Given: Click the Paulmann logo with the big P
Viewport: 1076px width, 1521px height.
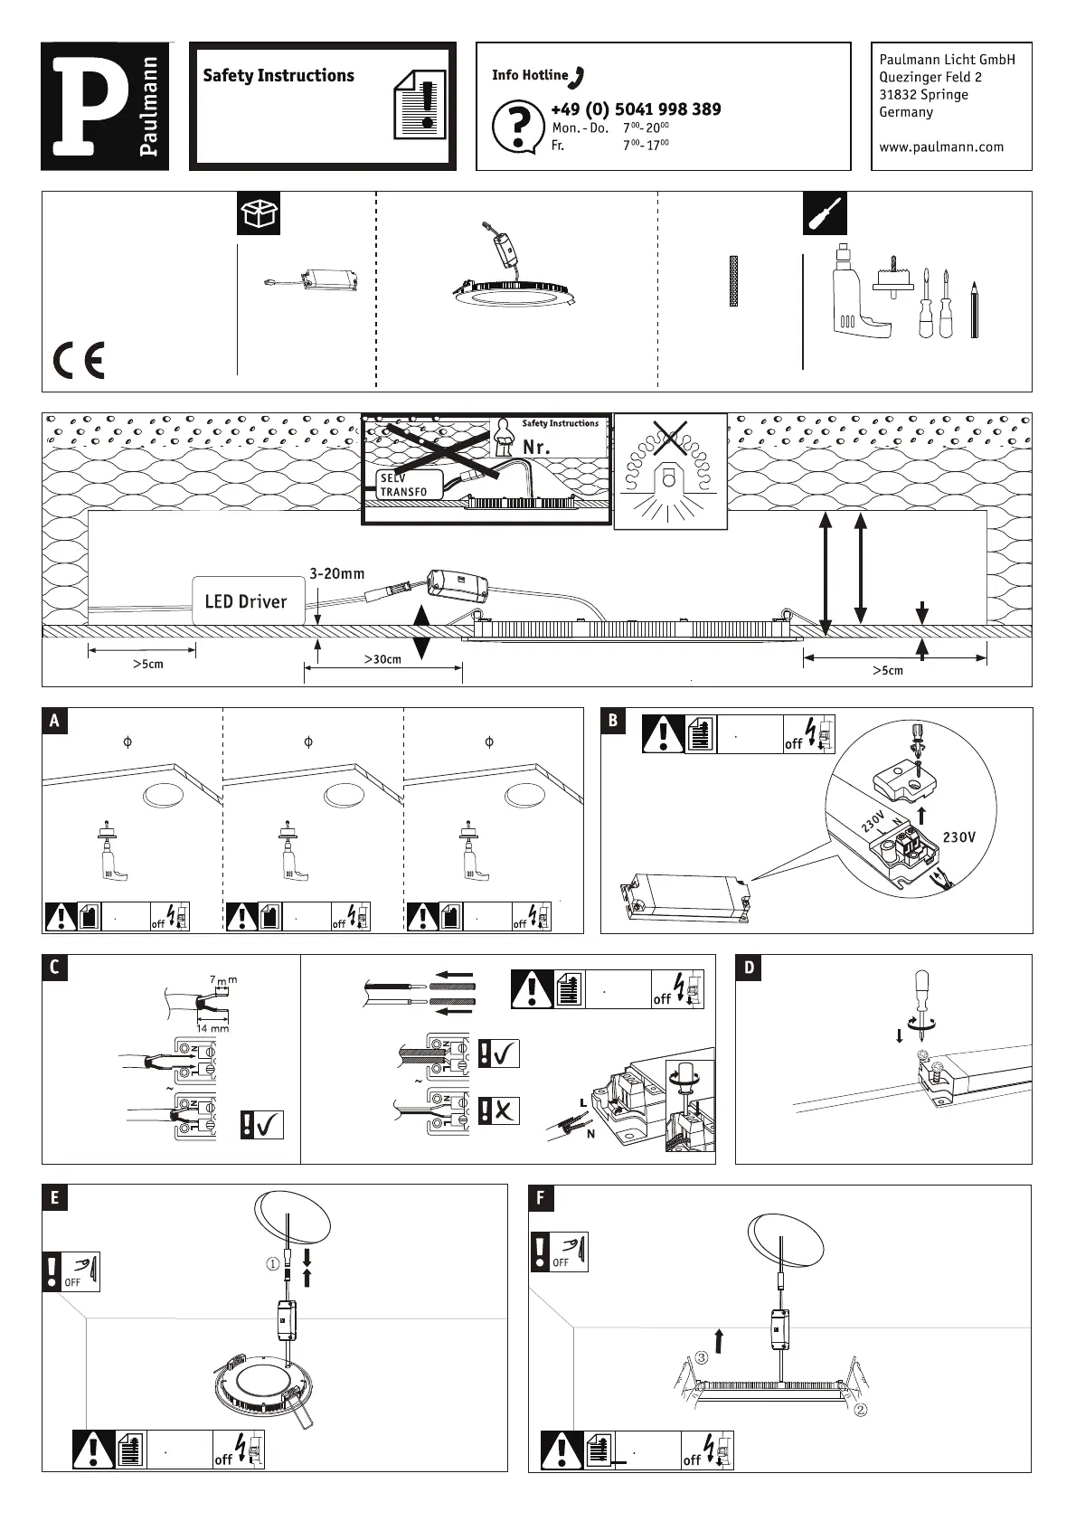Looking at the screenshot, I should tap(105, 106).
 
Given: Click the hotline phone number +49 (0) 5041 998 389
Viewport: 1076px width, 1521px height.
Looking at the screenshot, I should tap(636, 109).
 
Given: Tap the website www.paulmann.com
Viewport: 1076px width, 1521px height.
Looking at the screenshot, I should tap(941, 146).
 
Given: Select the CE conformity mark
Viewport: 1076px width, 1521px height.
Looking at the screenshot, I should tap(79, 361).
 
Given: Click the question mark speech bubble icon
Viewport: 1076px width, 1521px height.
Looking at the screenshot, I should tap(517, 127).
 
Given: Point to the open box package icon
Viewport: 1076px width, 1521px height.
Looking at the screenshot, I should tap(259, 214).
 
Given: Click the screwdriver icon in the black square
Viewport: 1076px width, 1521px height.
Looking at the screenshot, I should tap(825, 214).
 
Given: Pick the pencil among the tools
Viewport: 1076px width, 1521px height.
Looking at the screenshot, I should tap(974, 310).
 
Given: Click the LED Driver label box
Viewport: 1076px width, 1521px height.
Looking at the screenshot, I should tap(246, 601).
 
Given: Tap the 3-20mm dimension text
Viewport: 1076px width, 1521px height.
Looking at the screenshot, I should tap(336, 573).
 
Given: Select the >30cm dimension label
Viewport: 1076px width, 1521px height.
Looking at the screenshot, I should tap(382, 659).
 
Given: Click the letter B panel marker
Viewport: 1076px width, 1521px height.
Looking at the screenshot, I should tap(614, 721).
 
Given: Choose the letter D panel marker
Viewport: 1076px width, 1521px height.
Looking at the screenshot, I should tap(750, 968).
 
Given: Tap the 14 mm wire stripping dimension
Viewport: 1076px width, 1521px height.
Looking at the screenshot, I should tap(212, 1028).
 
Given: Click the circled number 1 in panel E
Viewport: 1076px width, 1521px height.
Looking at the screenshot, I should tap(272, 1264).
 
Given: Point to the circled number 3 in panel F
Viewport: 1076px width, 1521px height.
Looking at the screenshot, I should tap(702, 1357).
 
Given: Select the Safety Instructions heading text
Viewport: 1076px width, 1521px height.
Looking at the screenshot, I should tap(278, 76).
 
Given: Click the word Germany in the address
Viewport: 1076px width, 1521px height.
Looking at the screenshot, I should tap(906, 112).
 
